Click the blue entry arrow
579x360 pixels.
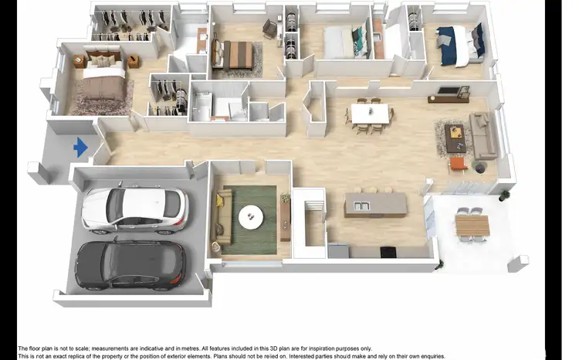tap(80, 147)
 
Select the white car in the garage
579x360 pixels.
tap(134, 210)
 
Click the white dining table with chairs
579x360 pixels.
tap(370, 114)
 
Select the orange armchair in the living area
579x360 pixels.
tap(459, 165)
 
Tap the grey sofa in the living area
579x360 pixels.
tap(484, 136)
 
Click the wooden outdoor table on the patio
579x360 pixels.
tap(472, 225)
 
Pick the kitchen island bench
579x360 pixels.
tap(375, 204)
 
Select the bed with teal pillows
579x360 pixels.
tap(340, 43)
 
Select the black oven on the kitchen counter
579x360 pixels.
tap(388, 250)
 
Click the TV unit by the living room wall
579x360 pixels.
tap(449, 97)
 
